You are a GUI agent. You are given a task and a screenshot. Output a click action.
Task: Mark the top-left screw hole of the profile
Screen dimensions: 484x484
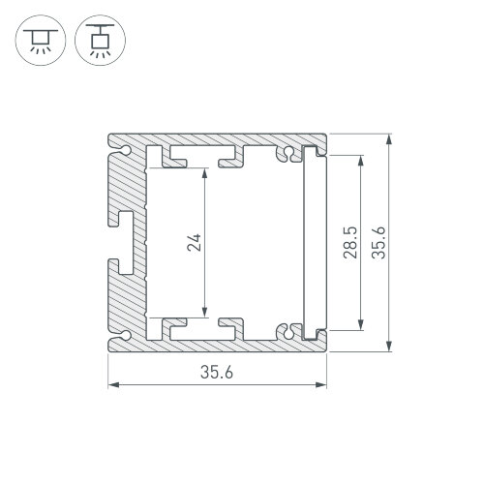tap(130, 150)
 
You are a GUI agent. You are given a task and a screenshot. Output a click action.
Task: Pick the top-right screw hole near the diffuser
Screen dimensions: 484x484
tap(287, 155)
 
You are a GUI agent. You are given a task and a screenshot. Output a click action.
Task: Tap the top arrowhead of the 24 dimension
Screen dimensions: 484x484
tap(205, 173)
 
